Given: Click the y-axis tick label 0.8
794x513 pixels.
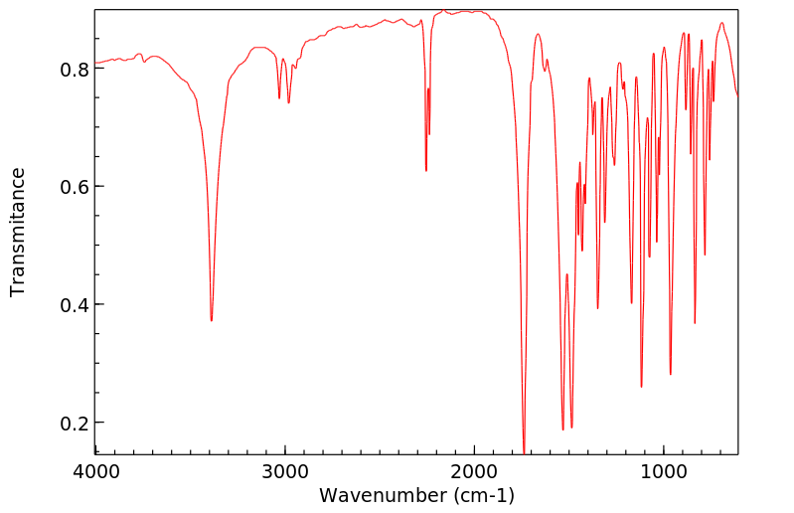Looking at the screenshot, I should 76,70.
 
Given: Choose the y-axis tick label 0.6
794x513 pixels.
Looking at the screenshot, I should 76,187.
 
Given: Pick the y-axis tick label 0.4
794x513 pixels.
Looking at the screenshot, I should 76,305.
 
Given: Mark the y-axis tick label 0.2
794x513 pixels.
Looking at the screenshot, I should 76,423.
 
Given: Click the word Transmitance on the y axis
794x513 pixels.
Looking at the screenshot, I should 18,232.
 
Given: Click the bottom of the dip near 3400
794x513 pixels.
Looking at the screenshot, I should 211,320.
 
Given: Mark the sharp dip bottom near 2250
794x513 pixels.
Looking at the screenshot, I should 426,170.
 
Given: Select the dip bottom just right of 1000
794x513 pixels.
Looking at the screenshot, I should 671,374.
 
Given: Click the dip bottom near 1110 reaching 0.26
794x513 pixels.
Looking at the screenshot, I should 641,387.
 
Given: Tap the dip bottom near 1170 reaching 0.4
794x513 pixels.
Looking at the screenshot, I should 631,303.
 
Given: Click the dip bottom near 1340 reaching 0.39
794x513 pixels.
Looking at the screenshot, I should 597,308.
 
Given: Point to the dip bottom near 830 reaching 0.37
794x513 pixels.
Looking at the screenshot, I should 695,322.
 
